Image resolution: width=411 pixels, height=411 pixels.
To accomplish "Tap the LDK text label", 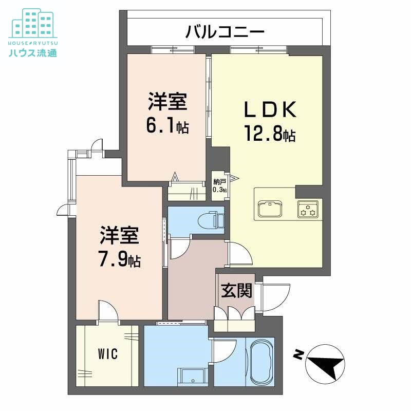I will coord(269,109).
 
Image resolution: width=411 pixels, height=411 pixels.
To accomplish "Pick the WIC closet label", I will coord(108,354).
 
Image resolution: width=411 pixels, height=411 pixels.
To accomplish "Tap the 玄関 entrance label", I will coord(237,291).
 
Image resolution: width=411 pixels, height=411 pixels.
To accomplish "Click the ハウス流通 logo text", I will coord(32,52).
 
